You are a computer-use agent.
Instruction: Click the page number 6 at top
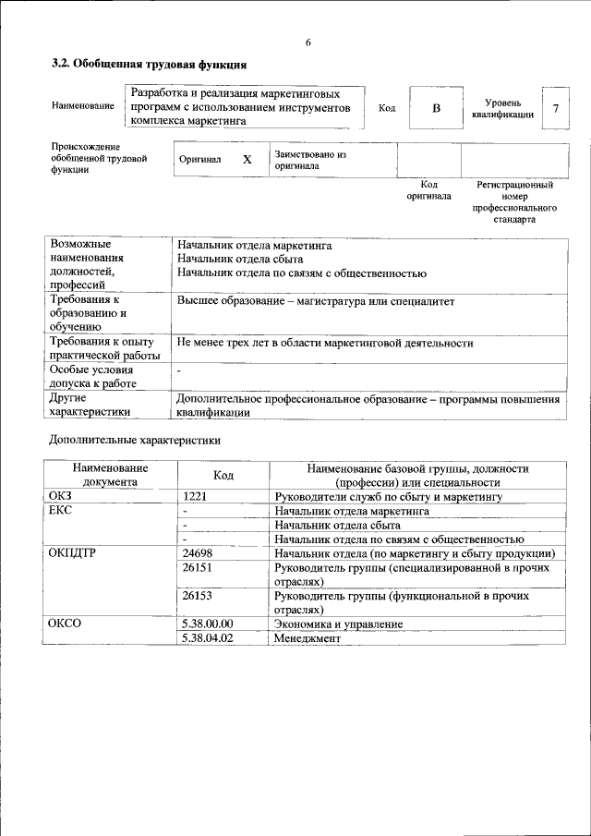pyautogui.click(x=308, y=42)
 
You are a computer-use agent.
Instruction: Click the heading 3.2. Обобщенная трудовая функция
pyautogui.click(x=148, y=65)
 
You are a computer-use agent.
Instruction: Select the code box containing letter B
pyautogui.click(x=437, y=108)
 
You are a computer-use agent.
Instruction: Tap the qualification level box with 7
pyautogui.click(x=555, y=108)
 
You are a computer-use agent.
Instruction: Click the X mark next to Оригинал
pyautogui.click(x=247, y=160)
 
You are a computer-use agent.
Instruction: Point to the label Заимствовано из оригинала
pyautogui.click(x=309, y=161)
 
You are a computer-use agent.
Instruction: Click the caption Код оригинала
pyautogui.click(x=428, y=190)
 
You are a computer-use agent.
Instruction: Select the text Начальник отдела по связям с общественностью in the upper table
pyautogui.click(x=302, y=273)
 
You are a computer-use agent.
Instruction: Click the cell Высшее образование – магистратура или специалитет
pyautogui.click(x=316, y=301)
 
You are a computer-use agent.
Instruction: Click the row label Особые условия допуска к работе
pyautogui.click(x=93, y=376)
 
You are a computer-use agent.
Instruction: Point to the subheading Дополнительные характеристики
pyautogui.click(x=135, y=441)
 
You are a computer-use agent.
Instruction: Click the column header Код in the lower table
pyautogui.click(x=223, y=475)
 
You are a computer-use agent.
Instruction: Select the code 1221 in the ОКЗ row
pyautogui.click(x=198, y=496)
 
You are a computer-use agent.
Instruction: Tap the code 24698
pyautogui.click(x=198, y=552)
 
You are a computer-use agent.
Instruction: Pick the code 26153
pyautogui.click(x=198, y=597)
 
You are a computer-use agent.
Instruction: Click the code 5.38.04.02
pyautogui.click(x=208, y=637)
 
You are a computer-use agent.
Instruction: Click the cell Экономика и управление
pyautogui.click(x=338, y=624)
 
